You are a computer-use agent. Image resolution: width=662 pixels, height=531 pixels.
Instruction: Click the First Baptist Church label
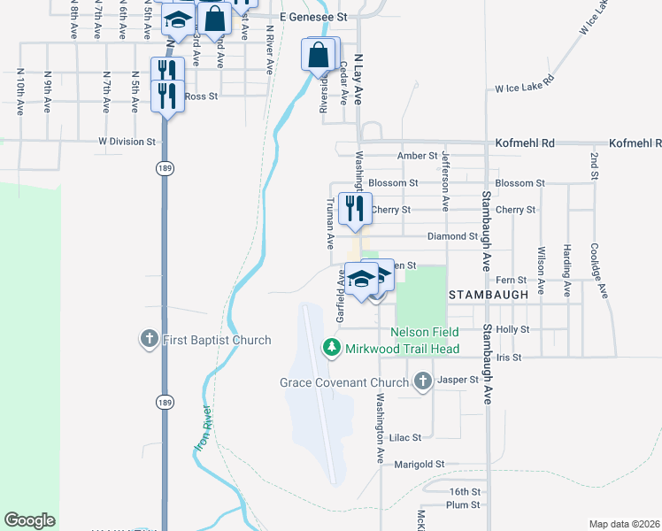[x=217, y=340]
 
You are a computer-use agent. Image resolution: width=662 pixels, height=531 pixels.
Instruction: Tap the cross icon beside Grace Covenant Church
[x=423, y=382]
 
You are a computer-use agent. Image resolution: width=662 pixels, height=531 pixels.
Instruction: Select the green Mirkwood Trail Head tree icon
[x=332, y=348]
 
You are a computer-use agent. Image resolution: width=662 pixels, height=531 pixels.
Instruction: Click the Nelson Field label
[x=425, y=332]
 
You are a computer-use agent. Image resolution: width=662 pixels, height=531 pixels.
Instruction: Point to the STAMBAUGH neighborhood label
[x=489, y=293]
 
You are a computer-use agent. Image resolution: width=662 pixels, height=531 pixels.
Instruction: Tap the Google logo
[x=29, y=520]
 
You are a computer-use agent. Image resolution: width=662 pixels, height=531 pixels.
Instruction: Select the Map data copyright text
[x=625, y=524]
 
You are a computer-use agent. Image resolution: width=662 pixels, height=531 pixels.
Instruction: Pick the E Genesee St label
[x=314, y=17]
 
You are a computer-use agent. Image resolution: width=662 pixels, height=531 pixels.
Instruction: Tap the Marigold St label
[x=419, y=464]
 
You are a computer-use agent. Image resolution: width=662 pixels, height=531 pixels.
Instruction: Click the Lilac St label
[x=404, y=437]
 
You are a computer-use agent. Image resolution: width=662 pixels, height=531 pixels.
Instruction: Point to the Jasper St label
[x=460, y=380]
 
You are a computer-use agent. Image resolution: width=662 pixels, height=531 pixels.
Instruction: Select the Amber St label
[x=417, y=156]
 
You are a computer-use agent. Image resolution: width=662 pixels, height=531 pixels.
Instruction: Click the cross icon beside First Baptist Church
[x=149, y=339]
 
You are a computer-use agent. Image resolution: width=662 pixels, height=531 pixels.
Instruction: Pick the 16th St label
[x=464, y=491]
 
